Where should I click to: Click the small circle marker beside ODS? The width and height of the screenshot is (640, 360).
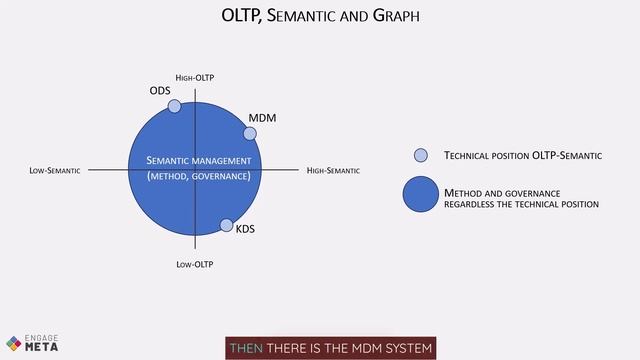click(x=174, y=106)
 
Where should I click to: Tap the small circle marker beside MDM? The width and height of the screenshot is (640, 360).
click(x=250, y=133)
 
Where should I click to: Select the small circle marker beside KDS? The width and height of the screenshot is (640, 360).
click(x=226, y=225)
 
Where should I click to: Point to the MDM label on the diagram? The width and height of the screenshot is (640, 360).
click(x=262, y=118)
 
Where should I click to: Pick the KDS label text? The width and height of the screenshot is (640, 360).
click(x=245, y=229)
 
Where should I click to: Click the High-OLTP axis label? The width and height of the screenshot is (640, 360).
click(x=195, y=77)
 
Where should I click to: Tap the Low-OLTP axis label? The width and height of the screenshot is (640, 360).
click(x=195, y=264)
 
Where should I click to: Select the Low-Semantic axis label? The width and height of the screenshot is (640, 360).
click(x=55, y=171)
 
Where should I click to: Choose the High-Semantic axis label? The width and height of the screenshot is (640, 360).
click(x=333, y=171)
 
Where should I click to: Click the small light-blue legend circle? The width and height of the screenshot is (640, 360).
click(x=421, y=155)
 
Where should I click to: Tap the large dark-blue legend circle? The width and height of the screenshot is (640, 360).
click(x=421, y=194)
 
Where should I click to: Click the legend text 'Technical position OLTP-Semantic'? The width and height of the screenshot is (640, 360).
click(x=522, y=156)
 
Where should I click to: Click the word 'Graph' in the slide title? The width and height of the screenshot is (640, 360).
click(x=395, y=16)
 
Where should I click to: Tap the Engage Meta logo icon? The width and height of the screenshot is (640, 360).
click(x=14, y=342)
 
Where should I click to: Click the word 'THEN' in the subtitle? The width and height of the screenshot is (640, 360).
click(x=246, y=348)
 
